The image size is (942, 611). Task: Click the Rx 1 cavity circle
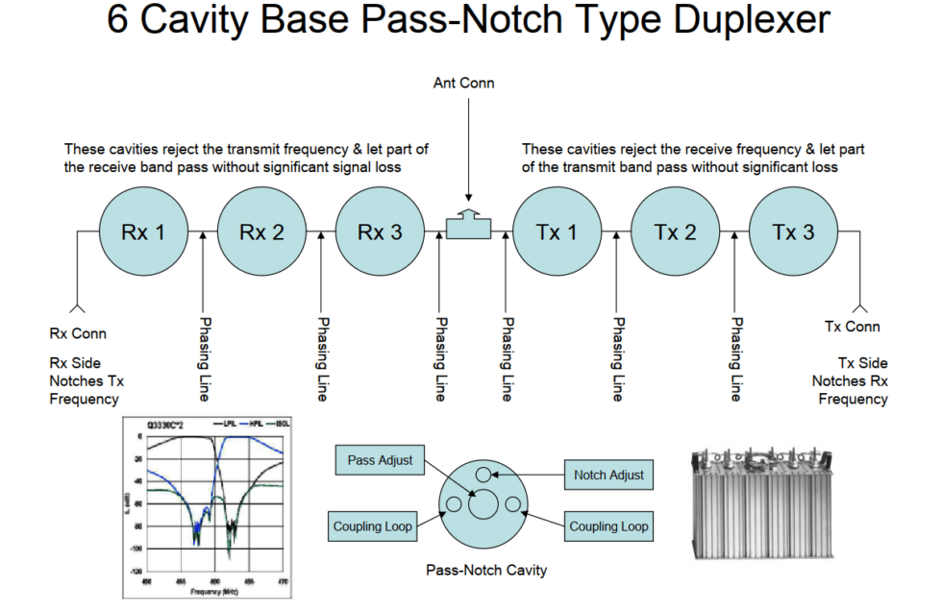point(142,232)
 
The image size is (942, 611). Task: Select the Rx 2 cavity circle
point(260,232)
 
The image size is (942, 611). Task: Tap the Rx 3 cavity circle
point(379,232)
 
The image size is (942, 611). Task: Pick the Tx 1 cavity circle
point(557,232)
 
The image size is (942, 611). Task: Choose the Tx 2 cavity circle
point(675,232)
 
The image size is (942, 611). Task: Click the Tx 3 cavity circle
point(793,232)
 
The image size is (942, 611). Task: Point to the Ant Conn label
point(464,83)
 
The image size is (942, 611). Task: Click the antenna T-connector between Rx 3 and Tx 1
point(468,224)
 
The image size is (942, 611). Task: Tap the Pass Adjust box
point(381,461)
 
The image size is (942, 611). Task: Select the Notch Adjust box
point(608,475)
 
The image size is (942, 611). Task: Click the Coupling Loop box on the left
point(373,526)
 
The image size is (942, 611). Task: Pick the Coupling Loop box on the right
point(608,526)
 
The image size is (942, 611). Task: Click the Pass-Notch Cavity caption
point(486,571)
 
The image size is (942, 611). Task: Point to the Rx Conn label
point(78,334)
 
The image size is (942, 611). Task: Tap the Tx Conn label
point(853,327)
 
